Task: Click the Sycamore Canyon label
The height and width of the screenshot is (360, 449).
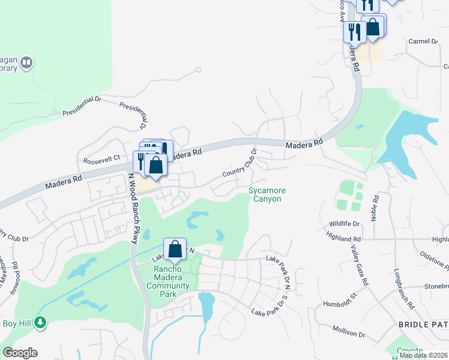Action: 267,194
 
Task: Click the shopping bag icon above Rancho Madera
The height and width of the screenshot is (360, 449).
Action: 175,249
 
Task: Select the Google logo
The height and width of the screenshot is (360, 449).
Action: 20,353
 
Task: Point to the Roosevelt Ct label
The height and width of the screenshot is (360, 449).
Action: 101,158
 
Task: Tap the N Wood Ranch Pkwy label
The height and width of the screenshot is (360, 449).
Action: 133,208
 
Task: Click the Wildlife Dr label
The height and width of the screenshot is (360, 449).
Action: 343,224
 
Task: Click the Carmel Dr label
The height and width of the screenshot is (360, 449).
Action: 423,41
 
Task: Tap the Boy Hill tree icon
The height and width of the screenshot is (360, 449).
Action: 40,323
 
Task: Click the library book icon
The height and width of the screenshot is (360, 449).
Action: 26,62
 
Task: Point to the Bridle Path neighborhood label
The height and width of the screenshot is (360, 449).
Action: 423,325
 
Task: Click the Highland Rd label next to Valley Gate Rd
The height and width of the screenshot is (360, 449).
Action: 336,239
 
